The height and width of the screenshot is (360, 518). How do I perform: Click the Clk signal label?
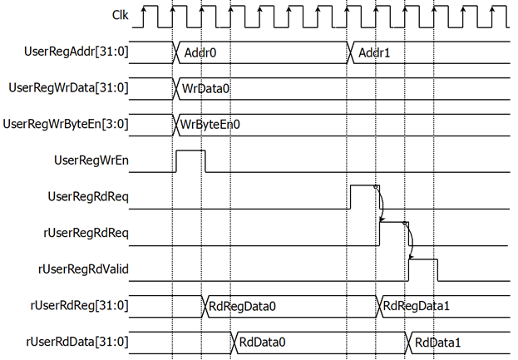[x=121, y=15]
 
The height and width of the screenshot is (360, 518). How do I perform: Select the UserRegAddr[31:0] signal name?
[x=76, y=52]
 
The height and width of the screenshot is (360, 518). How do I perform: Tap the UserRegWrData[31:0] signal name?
[x=68, y=88]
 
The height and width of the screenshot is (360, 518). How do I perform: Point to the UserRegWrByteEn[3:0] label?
[x=66, y=124]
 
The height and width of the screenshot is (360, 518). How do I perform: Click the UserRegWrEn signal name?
[x=91, y=160]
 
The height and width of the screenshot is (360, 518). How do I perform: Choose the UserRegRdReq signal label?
[x=88, y=197]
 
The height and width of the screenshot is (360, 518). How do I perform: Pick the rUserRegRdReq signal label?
[x=86, y=233]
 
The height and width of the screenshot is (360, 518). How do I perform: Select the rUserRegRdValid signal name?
[x=83, y=269]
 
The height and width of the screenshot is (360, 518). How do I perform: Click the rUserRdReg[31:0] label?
[x=79, y=305]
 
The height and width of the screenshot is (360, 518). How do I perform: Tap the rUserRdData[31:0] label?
[x=77, y=342]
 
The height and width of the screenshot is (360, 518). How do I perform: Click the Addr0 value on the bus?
[x=200, y=53]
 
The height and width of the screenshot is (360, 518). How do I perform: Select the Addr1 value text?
[x=374, y=53]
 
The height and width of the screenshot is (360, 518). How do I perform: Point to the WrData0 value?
[x=205, y=88]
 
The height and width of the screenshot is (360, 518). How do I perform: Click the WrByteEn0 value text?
[x=210, y=125]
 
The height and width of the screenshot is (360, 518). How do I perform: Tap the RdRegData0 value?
[x=242, y=307]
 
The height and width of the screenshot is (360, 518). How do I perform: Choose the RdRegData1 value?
[x=417, y=306]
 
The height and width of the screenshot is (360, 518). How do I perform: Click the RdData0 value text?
[x=262, y=343]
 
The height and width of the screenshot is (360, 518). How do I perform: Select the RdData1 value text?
[x=437, y=343]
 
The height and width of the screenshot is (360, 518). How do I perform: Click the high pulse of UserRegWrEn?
[x=190, y=151]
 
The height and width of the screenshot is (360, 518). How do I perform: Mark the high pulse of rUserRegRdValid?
[x=423, y=259]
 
